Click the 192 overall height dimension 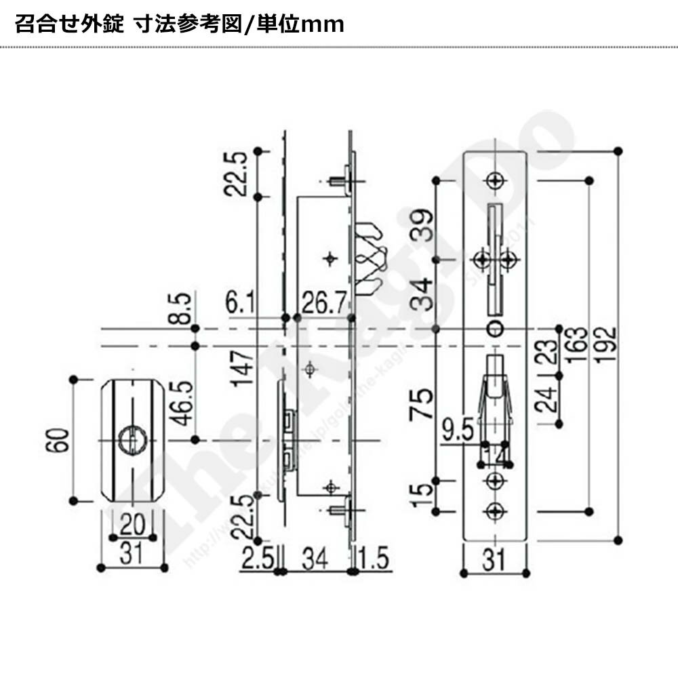(x=607, y=344)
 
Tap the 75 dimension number (x=424, y=405)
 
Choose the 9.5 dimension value (x=457, y=430)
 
